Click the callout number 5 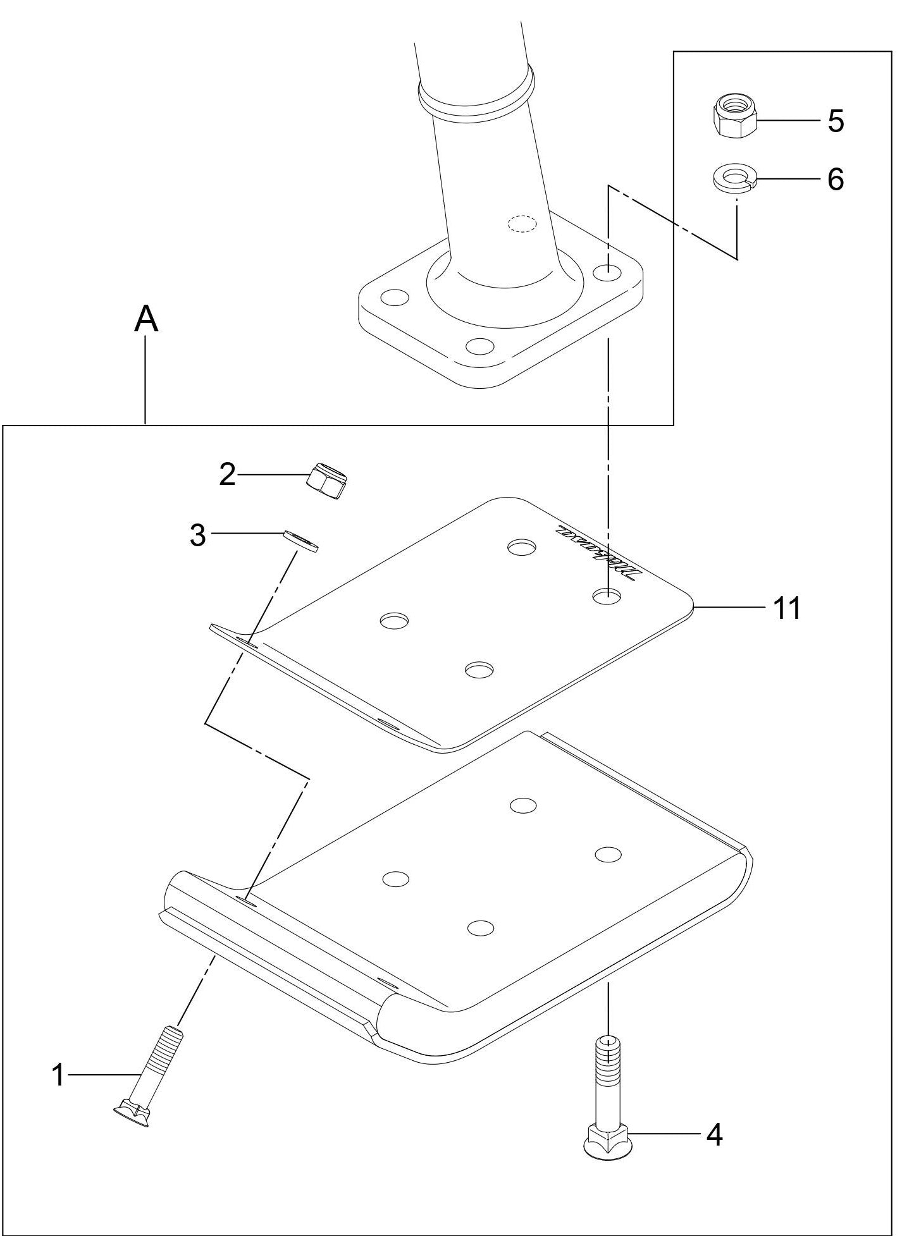click(836, 121)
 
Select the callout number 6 click(836, 180)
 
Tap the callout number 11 click(787, 608)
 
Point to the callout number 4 click(714, 1135)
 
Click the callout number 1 click(58, 1075)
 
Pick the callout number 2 click(228, 474)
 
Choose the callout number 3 click(199, 535)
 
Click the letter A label click(146, 319)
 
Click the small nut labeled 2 click(328, 481)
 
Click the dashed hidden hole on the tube click(522, 224)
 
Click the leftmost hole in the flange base click(395, 297)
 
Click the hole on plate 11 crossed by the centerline click(606, 596)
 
